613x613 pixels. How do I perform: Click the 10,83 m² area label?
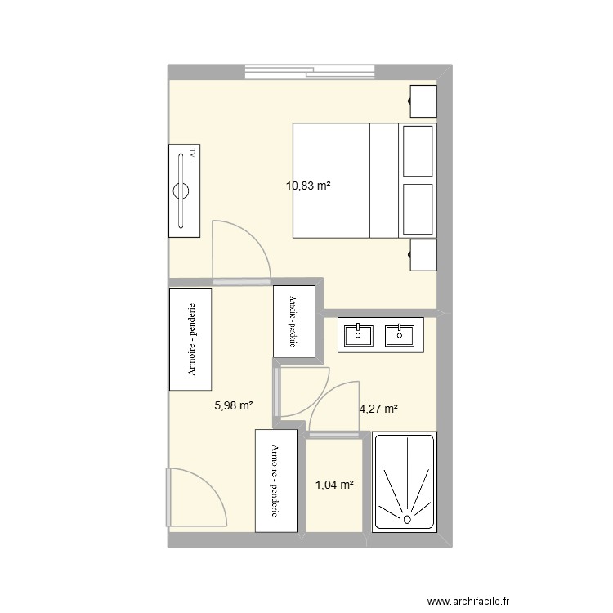308,186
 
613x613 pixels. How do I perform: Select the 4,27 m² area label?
378,409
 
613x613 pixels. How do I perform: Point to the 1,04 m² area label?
334,485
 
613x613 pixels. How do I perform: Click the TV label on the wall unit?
193,153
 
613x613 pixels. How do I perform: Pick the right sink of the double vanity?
400,334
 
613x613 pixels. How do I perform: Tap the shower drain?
405,518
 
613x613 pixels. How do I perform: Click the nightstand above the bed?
423,102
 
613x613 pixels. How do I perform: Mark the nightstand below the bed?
423,255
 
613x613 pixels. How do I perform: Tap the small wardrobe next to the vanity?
293,321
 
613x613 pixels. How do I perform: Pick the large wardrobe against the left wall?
190,338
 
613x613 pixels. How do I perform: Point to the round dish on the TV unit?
181,192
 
